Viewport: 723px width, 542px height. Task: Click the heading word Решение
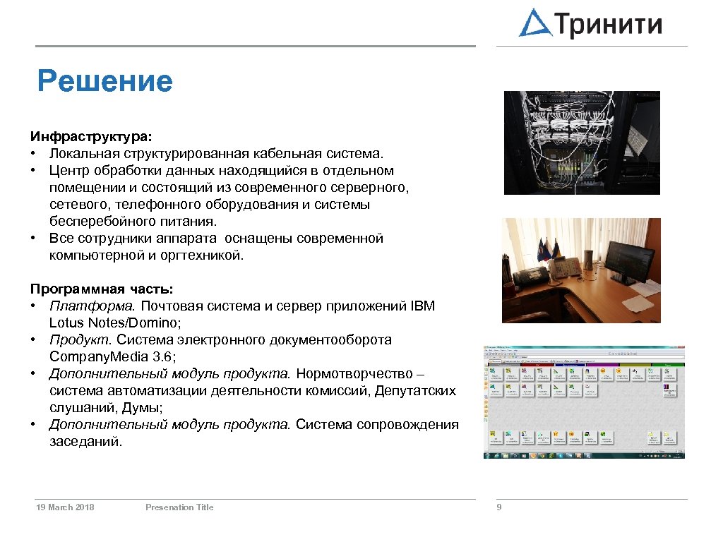click(x=104, y=81)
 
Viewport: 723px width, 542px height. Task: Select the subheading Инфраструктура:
click(x=91, y=135)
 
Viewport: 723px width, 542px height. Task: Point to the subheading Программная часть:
click(x=102, y=289)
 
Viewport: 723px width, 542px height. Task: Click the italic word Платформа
click(x=94, y=306)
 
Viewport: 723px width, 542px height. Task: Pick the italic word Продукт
click(x=78, y=339)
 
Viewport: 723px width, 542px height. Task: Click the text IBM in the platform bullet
click(x=422, y=306)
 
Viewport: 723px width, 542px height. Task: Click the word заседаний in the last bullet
click(x=85, y=441)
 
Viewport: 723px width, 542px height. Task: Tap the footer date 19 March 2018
click(x=65, y=507)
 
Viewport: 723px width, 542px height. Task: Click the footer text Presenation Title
click(x=179, y=507)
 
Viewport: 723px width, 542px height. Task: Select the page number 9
click(x=499, y=507)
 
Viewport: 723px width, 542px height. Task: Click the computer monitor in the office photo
click(x=632, y=263)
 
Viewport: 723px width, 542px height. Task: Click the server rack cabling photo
click(x=581, y=143)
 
